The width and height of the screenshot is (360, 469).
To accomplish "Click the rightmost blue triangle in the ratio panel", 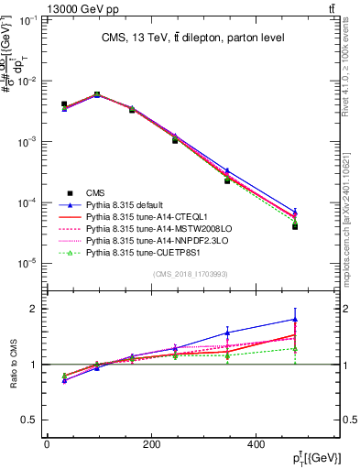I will click(x=295, y=320).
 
